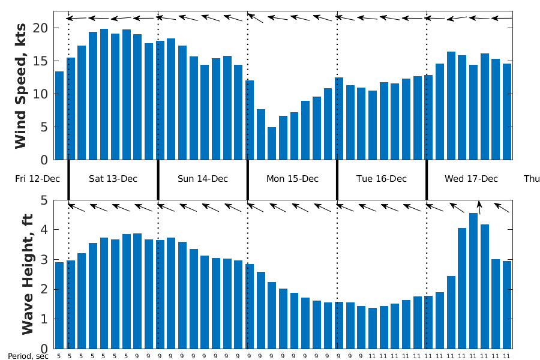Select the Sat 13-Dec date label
[x=113, y=179]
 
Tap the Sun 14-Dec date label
[x=203, y=179]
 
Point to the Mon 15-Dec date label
[x=292, y=179]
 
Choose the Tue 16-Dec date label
[x=382, y=179]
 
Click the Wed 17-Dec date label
[x=472, y=179]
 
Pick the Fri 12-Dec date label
[x=37, y=179]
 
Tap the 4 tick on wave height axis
[x=44, y=230]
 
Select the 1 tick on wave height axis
[x=44, y=319]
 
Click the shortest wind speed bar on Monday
[x=272, y=144]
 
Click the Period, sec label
[x=28, y=356]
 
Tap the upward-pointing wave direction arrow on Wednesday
[x=479, y=207]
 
